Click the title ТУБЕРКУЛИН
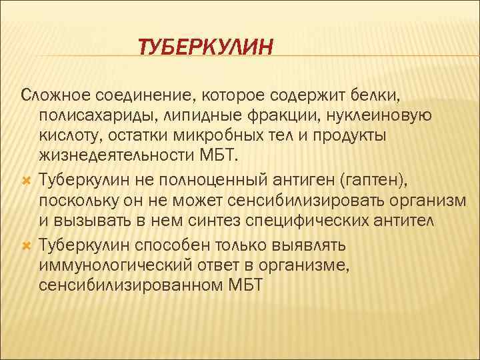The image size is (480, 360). pyautogui.click(x=205, y=47)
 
